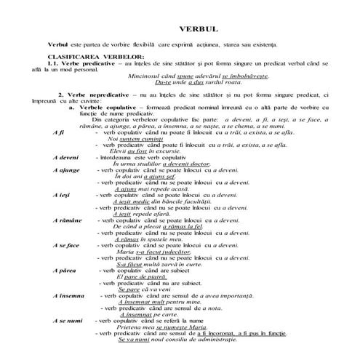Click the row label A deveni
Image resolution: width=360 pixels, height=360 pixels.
point(66,158)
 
